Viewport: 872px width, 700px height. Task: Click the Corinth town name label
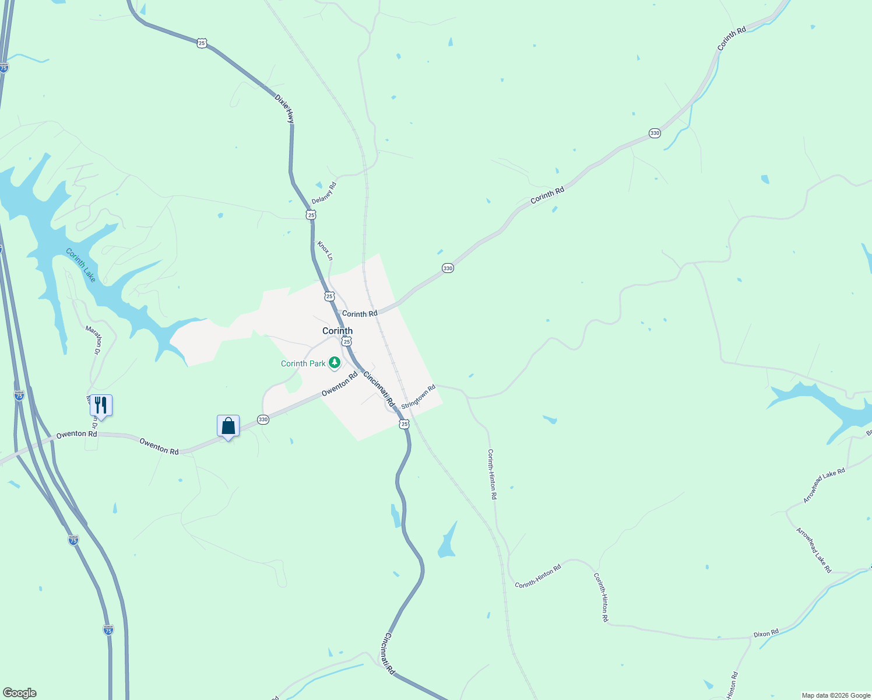coord(337,331)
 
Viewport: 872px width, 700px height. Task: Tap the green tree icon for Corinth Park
coord(335,363)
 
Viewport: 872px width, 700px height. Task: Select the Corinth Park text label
coord(303,363)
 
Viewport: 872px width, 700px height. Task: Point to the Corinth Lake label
coord(81,265)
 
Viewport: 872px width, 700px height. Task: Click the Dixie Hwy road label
coord(284,108)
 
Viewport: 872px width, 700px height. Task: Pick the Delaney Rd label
coord(324,193)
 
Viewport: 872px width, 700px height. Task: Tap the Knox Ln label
coord(325,250)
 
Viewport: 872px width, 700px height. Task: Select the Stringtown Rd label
coord(419,396)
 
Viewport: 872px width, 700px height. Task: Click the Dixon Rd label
coord(766,633)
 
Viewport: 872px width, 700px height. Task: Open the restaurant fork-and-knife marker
coord(101,405)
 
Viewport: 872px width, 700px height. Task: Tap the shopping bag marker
coord(228,426)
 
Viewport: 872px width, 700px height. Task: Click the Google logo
coord(19,693)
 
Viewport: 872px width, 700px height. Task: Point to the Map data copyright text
coord(836,695)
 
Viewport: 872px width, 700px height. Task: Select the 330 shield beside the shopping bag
coord(263,419)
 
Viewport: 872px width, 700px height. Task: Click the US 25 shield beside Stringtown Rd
coord(405,424)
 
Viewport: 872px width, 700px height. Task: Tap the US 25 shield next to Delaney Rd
coord(311,215)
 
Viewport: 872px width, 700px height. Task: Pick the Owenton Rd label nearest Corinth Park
coord(339,385)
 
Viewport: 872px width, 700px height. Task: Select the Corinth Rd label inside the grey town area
coord(360,314)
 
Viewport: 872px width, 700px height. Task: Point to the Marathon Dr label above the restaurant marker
coord(93,340)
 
